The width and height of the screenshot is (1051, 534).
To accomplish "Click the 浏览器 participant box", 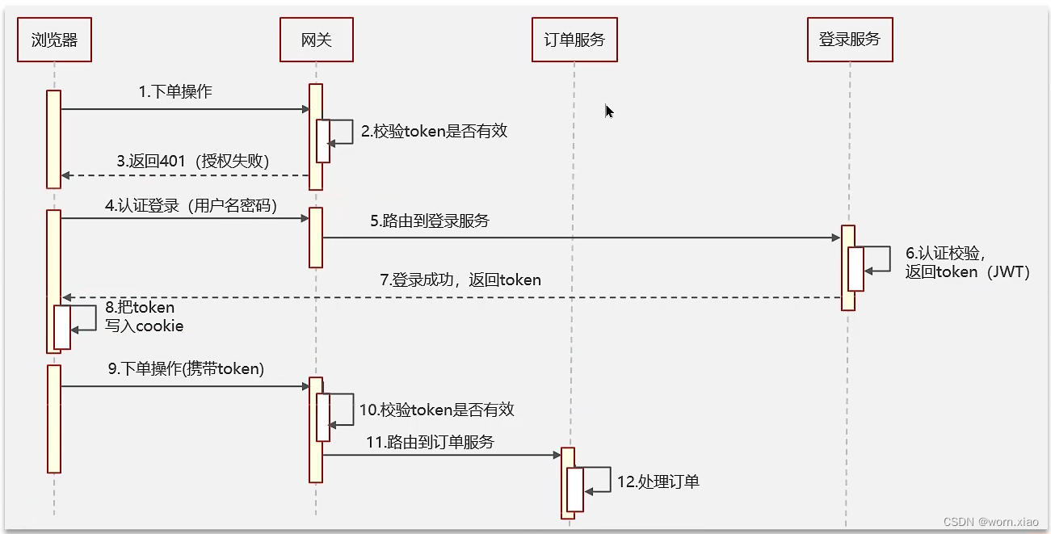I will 54,40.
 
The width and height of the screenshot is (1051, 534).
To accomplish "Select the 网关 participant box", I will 316,40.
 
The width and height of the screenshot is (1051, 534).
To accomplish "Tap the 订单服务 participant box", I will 574,40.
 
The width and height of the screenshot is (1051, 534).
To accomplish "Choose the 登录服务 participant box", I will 850,40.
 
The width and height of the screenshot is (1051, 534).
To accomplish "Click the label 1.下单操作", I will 175,92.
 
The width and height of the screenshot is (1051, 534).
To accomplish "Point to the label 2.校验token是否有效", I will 434,131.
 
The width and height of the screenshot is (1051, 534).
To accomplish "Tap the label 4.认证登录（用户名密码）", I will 191,206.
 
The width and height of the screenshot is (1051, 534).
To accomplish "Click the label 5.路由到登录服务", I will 430,221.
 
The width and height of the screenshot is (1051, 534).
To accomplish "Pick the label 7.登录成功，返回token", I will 460,280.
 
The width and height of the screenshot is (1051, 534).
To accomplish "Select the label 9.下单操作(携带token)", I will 186,369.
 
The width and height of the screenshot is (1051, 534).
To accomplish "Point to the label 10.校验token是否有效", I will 436,410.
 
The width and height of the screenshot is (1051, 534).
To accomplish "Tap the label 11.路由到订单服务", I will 430,442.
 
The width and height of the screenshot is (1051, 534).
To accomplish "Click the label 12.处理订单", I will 658,482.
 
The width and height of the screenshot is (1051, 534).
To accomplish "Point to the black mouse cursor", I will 609,111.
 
